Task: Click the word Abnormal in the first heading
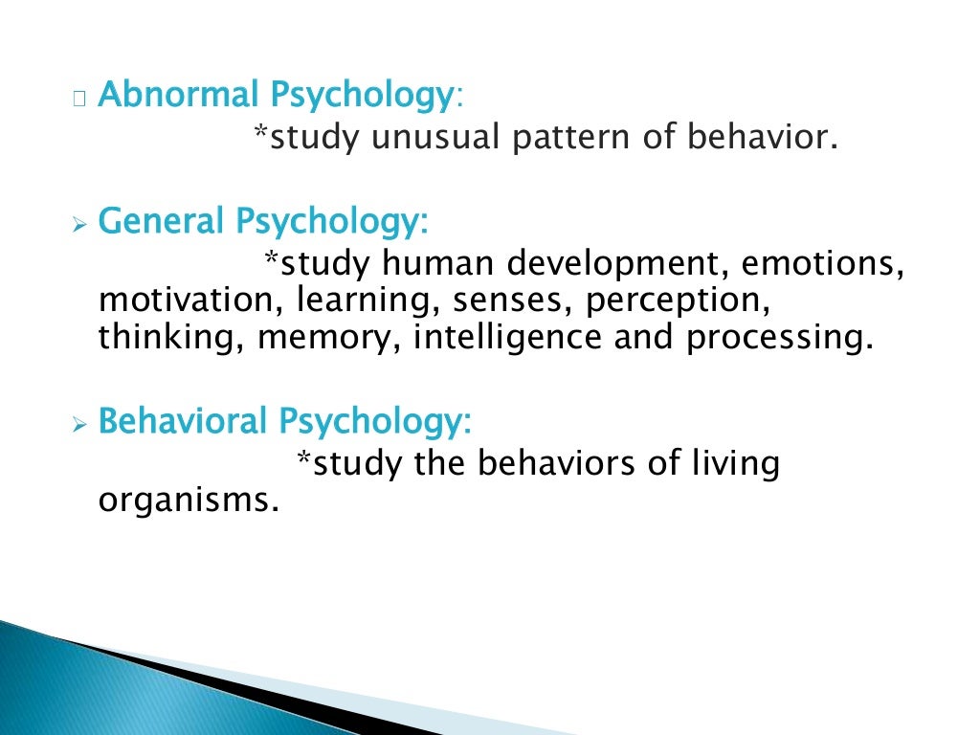click(x=178, y=96)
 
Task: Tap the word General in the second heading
click(x=161, y=222)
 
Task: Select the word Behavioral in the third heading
click(x=183, y=421)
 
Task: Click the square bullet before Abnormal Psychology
click(x=78, y=98)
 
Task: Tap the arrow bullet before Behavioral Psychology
click(x=78, y=424)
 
